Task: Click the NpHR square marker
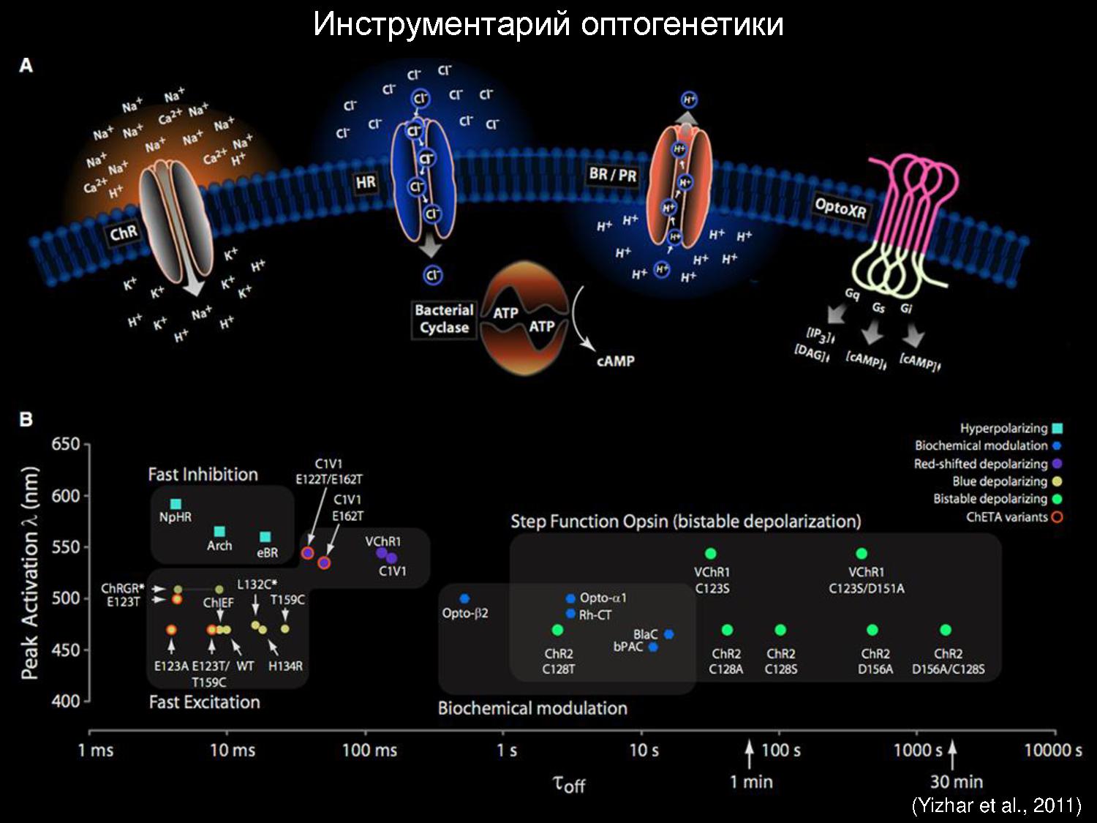click(x=176, y=504)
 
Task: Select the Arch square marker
click(x=219, y=532)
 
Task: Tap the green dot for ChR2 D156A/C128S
click(x=946, y=630)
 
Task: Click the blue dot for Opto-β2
click(x=464, y=599)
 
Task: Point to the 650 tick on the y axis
click(x=66, y=445)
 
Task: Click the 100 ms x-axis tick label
click(x=370, y=751)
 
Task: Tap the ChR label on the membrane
click(x=124, y=233)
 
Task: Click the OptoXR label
click(x=840, y=208)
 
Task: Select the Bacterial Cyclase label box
click(x=444, y=319)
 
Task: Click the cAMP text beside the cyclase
click(x=615, y=361)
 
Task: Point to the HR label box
click(x=366, y=182)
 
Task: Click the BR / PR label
click(x=613, y=175)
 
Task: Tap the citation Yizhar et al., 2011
click(x=996, y=806)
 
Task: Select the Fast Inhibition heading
click(x=203, y=475)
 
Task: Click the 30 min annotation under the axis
click(x=957, y=782)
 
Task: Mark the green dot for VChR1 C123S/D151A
click(x=862, y=554)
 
